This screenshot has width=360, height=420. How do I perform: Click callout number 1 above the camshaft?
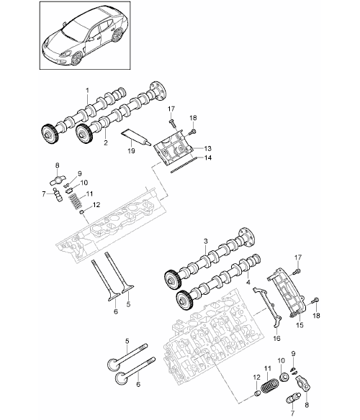click(x=87, y=91)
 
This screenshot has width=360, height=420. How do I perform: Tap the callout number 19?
click(x=131, y=151)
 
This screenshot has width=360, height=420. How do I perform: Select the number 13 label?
click(x=207, y=148)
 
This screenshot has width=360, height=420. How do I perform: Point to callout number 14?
click(x=208, y=157)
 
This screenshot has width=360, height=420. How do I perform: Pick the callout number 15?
click(x=300, y=325)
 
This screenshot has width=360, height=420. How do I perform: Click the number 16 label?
click(x=276, y=338)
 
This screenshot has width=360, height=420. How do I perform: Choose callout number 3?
click(x=205, y=242)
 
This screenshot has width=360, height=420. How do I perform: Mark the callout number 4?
click(x=248, y=282)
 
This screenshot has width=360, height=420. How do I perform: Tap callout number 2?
click(x=106, y=142)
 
